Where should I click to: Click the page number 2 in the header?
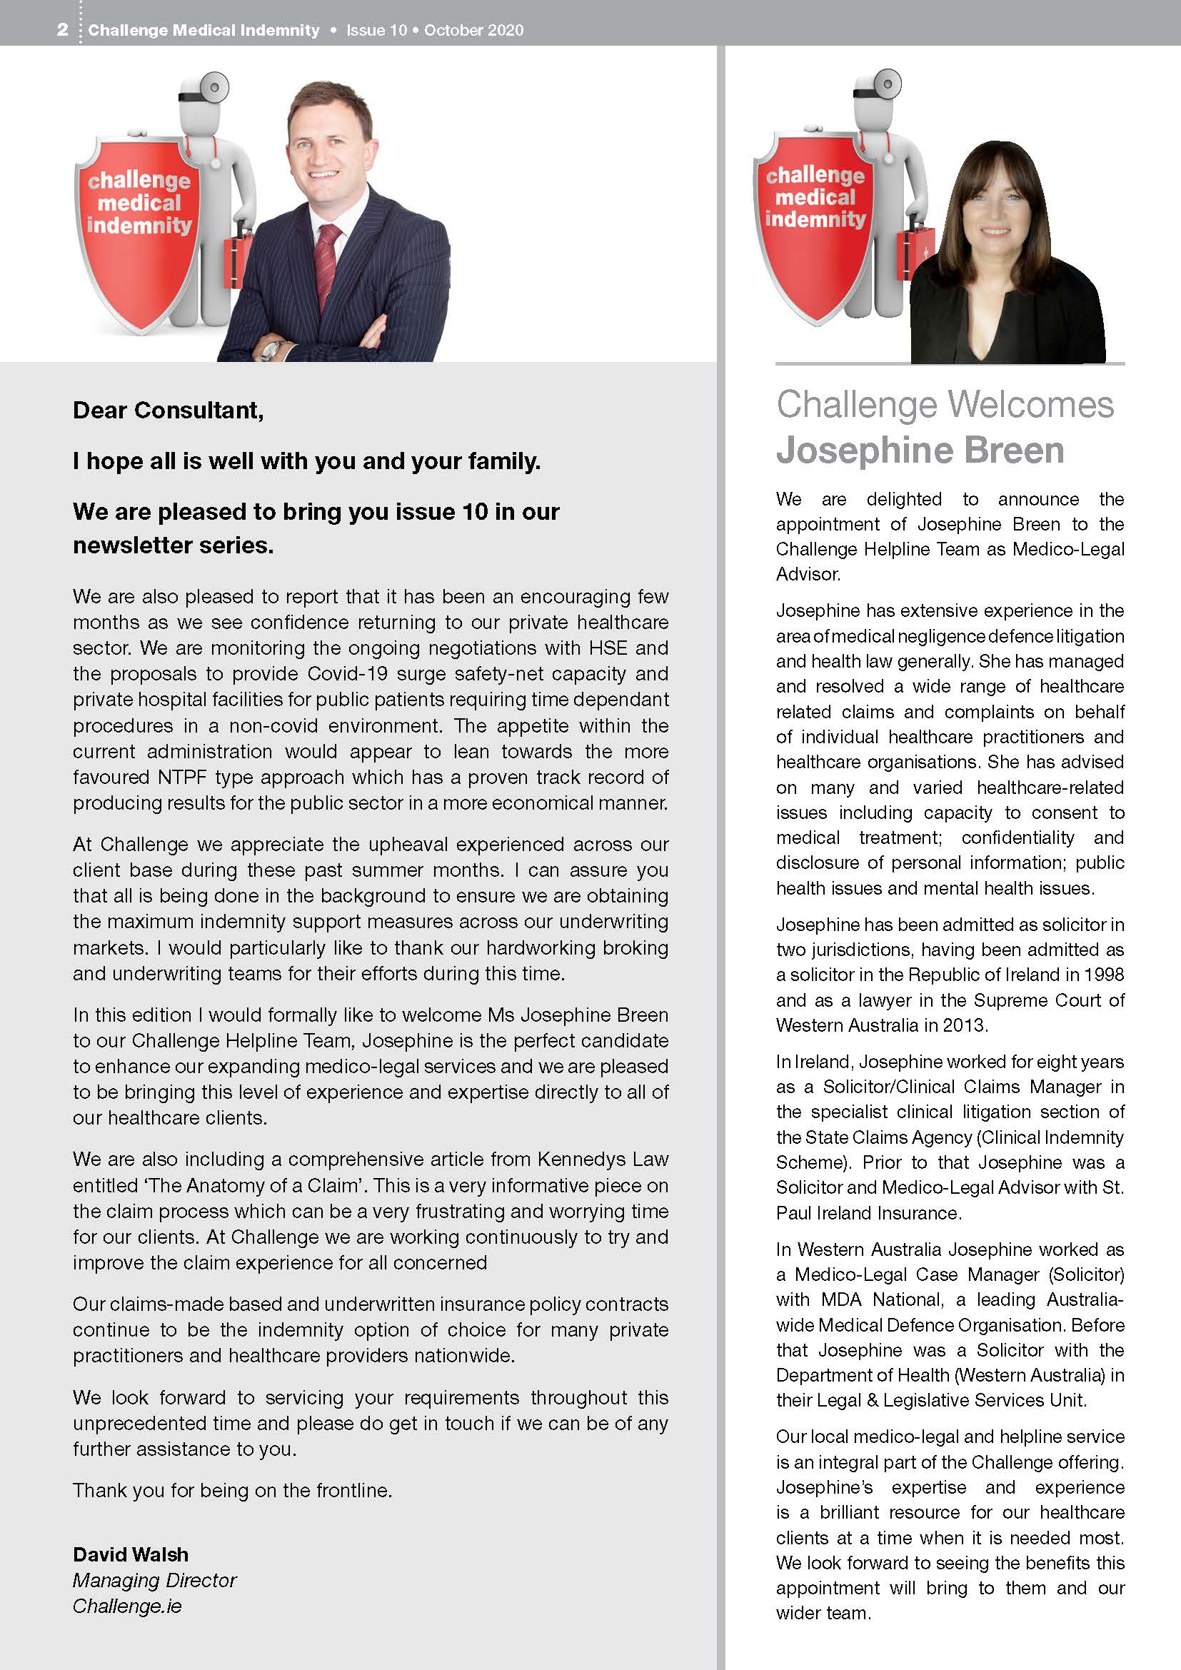point(63,30)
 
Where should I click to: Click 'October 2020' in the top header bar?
point(473,31)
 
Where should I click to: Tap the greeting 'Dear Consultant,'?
point(168,411)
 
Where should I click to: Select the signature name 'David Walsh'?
point(131,1554)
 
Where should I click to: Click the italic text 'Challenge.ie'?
point(127,1605)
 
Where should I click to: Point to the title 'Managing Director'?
point(155,1580)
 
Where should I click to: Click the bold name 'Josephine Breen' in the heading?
point(920,451)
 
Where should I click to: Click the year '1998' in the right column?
point(1103,975)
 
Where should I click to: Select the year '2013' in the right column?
point(963,1025)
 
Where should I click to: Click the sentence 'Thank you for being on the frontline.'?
point(232,1490)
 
